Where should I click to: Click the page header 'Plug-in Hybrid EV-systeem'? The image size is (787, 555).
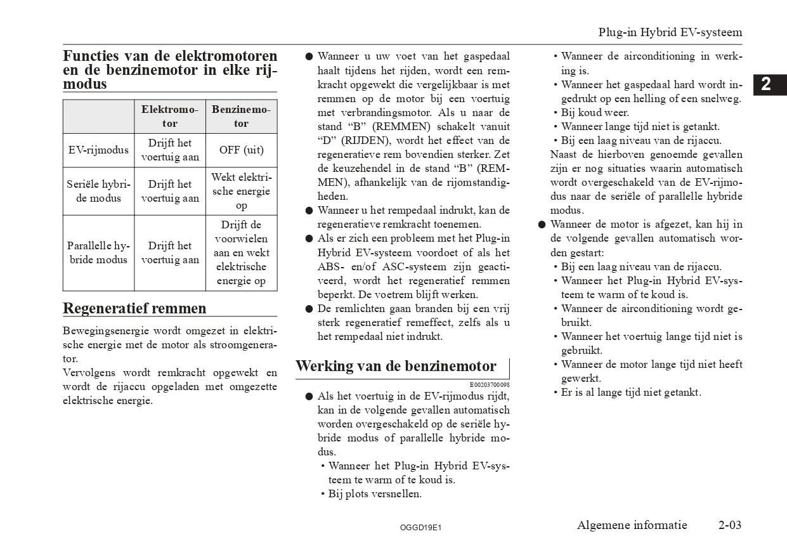tap(670, 32)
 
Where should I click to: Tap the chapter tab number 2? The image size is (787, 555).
tap(765, 84)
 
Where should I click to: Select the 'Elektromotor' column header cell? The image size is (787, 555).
tap(169, 117)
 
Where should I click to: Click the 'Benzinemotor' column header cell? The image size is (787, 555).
tap(241, 117)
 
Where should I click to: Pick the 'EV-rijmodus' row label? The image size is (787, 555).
tap(98, 150)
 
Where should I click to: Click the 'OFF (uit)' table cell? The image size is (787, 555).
tap(241, 150)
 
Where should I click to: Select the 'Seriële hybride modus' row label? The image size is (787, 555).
tap(98, 191)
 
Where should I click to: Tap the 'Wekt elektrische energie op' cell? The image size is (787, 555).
tap(241, 191)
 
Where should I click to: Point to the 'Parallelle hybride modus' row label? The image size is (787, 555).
tap(98, 252)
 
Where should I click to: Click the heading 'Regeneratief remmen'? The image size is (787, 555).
tap(134, 308)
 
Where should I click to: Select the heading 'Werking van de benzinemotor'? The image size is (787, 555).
tap(396, 366)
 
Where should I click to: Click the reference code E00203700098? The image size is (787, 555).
tap(489, 385)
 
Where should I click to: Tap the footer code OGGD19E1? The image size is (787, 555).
tap(420, 527)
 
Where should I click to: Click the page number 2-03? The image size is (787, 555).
tap(729, 525)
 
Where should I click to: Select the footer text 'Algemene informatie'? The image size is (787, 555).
tap(632, 525)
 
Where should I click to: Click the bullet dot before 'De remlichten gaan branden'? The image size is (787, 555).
tap(308, 309)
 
